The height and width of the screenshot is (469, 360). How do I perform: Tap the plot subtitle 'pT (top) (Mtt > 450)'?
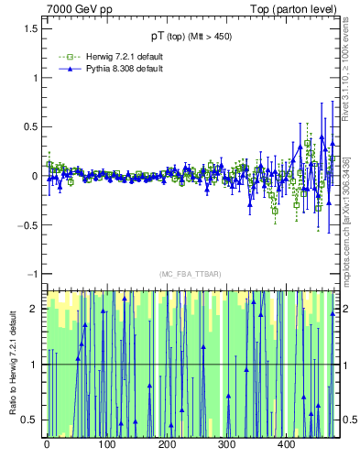click(192, 40)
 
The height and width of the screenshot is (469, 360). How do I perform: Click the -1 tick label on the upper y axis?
click(33, 274)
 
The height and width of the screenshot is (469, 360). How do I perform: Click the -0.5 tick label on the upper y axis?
click(29, 225)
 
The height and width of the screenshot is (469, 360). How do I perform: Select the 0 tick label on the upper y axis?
click(37, 176)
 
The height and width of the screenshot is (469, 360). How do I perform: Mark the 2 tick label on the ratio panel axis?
click(37, 309)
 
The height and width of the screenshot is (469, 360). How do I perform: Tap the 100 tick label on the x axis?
click(106, 445)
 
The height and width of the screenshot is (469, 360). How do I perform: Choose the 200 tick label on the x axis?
click(167, 445)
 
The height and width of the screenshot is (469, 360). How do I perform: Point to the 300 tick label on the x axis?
click(226, 445)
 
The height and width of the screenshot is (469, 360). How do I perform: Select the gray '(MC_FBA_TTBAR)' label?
click(191, 275)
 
